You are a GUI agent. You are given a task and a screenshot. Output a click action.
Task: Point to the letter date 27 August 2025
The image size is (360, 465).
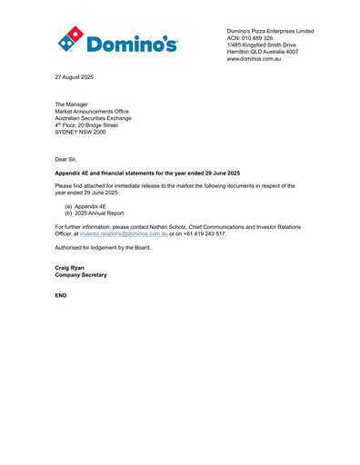[x=74, y=77]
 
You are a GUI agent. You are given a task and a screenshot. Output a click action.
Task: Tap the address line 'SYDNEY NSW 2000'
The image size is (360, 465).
[x=80, y=133]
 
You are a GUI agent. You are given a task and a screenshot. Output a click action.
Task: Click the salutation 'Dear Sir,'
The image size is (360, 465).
[x=66, y=158]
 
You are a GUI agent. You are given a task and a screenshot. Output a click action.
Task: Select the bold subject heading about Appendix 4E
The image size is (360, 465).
[x=147, y=173]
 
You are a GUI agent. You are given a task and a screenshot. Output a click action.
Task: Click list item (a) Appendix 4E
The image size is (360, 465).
[x=85, y=206]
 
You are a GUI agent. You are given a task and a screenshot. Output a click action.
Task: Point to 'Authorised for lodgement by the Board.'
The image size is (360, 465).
[x=103, y=247]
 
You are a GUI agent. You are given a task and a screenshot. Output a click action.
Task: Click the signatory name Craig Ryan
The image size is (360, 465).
[x=71, y=268]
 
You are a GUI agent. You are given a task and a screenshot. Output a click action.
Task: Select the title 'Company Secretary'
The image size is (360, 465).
[x=81, y=275]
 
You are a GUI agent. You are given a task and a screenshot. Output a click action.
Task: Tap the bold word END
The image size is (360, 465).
[x=62, y=296]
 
